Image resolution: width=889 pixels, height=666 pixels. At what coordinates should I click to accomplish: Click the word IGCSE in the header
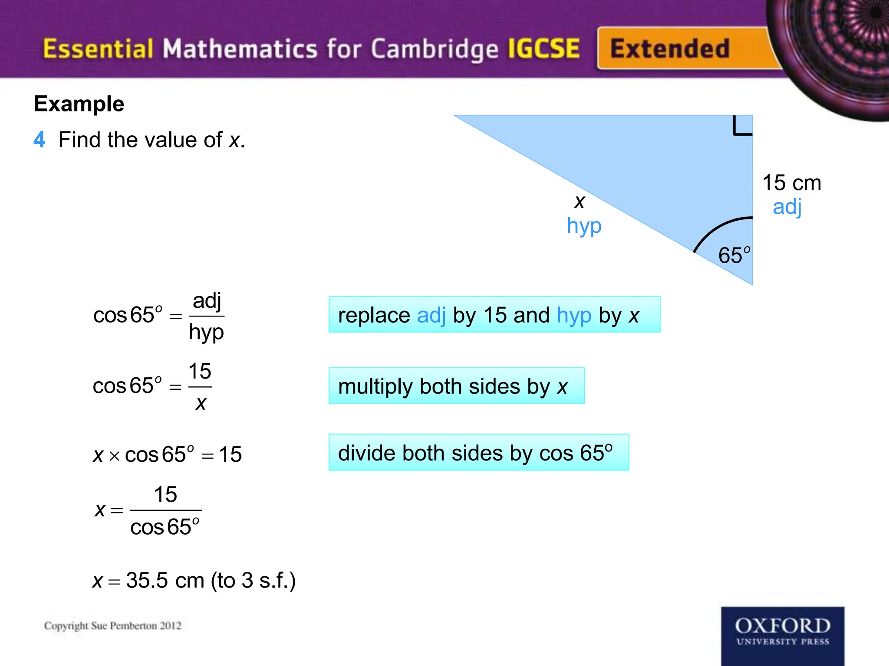click(x=543, y=49)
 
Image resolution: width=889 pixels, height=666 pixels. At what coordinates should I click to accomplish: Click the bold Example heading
click(x=79, y=104)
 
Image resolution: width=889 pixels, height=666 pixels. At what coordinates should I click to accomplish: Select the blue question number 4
click(x=39, y=140)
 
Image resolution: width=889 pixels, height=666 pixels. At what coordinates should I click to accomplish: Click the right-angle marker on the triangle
click(x=742, y=126)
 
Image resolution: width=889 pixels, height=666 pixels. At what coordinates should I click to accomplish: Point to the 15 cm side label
click(x=792, y=183)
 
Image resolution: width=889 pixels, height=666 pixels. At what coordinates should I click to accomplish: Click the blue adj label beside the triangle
click(x=787, y=207)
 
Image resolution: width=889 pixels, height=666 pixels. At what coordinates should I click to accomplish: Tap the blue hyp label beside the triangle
click(x=584, y=226)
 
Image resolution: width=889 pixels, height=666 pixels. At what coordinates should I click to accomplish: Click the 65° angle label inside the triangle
click(x=734, y=255)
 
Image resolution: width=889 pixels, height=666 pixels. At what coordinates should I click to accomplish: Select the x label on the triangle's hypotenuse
click(x=579, y=202)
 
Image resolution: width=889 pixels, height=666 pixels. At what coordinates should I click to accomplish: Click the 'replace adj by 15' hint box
click(x=494, y=315)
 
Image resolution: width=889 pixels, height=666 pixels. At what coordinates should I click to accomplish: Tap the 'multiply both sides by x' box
click(x=456, y=386)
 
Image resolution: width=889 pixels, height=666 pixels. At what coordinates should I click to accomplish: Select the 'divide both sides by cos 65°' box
click(x=478, y=453)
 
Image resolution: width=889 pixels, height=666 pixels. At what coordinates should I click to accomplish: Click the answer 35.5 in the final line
click(x=147, y=580)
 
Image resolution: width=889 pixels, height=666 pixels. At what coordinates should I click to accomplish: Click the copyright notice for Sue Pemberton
click(x=113, y=626)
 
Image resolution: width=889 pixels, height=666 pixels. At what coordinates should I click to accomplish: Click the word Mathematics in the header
click(x=240, y=49)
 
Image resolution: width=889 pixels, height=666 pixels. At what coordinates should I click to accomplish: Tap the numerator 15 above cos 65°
click(x=165, y=494)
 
